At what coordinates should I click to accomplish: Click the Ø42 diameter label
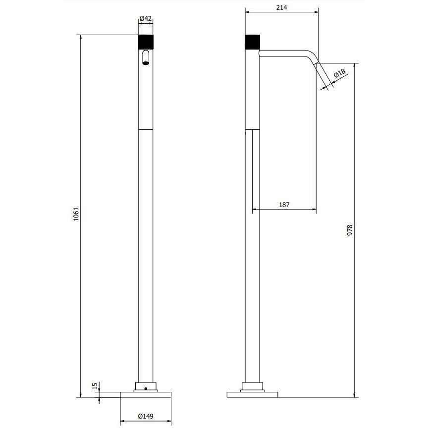click(146, 18)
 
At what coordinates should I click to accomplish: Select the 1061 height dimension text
click(76, 214)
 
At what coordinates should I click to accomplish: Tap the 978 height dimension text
click(350, 230)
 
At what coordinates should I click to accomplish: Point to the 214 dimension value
click(282, 7)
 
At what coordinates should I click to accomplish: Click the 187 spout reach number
click(284, 205)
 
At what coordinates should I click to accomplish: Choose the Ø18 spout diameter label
click(339, 73)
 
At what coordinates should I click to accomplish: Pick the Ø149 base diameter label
click(146, 416)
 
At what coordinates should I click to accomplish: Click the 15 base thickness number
click(95, 386)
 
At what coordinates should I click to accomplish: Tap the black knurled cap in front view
click(146, 42)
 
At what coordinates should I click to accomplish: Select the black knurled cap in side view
click(253, 42)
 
